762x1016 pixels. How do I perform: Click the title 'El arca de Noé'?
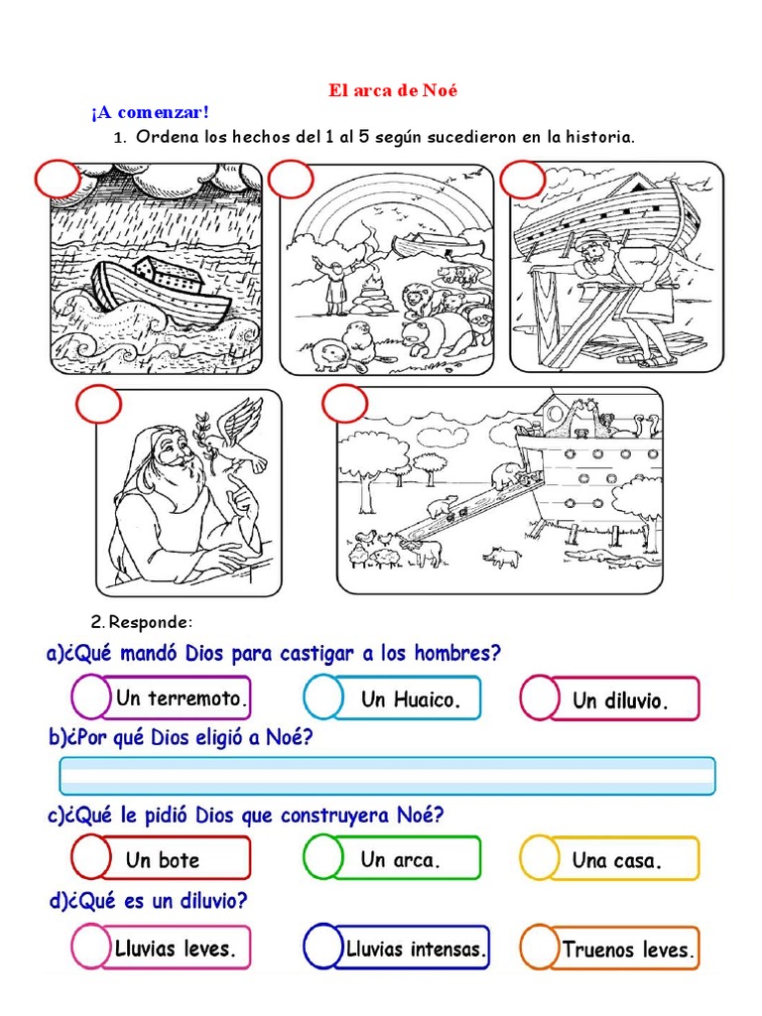pyautogui.click(x=394, y=90)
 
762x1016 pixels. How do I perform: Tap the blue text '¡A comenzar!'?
pyautogui.click(x=150, y=113)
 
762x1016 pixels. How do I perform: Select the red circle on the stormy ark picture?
pyautogui.click(x=59, y=181)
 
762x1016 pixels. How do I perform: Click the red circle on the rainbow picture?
pyautogui.click(x=290, y=181)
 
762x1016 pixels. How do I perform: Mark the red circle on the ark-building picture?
pyautogui.click(x=522, y=181)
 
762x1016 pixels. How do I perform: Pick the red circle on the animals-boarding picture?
pyautogui.click(x=344, y=403)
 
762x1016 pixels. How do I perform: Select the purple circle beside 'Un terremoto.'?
pyautogui.click(x=91, y=698)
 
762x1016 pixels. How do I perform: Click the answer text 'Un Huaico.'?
pyautogui.click(x=411, y=699)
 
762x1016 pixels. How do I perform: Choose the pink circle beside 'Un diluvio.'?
pyautogui.click(x=540, y=698)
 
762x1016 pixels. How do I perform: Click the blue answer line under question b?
pyautogui.click(x=387, y=775)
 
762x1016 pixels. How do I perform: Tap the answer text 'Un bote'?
pyautogui.click(x=162, y=860)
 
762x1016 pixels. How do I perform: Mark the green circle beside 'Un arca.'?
pyautogui.click(x=322, y=856)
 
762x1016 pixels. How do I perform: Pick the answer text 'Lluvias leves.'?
pyautogui.click(x=176, y=949)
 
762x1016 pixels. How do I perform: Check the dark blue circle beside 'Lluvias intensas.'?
pyautogui.click(x=323, y=946)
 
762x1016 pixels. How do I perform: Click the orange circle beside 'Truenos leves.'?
pyautogui.click(x=539, y=948)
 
